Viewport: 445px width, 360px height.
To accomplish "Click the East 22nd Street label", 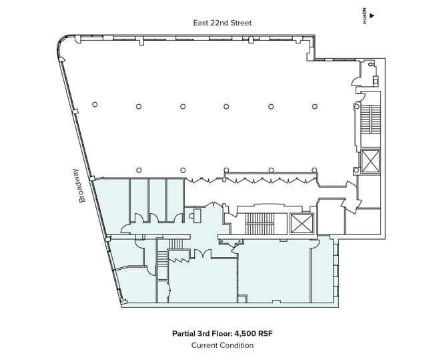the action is pyautogui.click(x=222, y=23).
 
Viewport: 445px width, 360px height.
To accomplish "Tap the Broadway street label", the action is pyautogui.click(x=82, y=186).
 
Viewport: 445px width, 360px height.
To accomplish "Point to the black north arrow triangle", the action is pyautogui.click(x=372, y=16).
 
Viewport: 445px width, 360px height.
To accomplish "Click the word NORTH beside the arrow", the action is pyautogui.click(x=364, y=16).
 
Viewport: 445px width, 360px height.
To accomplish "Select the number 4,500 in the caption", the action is pyautogui.click(x=245, y=333).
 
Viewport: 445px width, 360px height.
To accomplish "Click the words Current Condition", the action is pyautogui.click(x=222, y=345).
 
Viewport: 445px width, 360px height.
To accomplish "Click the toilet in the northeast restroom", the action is pyautogui.click(x=371, y=64).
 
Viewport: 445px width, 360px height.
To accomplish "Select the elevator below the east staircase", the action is pyautogui.click(x=370, y=162).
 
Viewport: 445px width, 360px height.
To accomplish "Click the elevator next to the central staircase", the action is pyautogui.click(x=302, y=224).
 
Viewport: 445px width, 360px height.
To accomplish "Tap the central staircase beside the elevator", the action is pyautogui.click(x=260, y=224).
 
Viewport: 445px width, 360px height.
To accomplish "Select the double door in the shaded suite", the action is pyautogui.click(x=202, y=253).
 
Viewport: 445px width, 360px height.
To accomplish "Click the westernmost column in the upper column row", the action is pyautogui.click(x=95, y=105).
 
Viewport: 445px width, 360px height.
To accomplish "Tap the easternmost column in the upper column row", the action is pyautogui.click(x=314, y=107).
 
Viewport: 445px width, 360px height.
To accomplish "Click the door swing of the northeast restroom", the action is pyautogui.click(x=356, y=82).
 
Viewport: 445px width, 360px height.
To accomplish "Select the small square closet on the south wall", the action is pyautogui.click(x=242, y=299).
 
